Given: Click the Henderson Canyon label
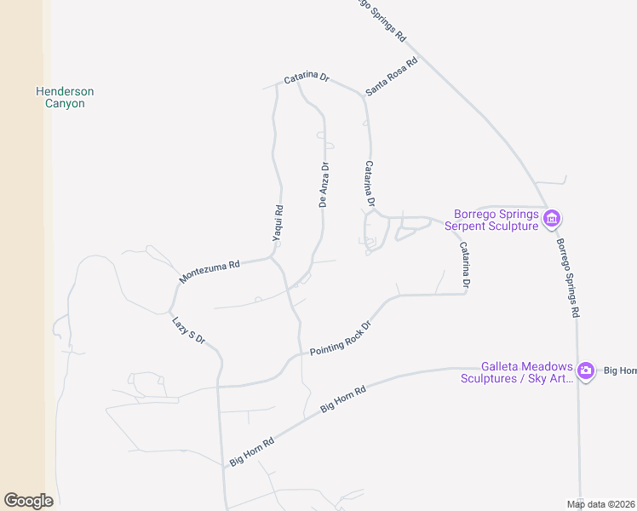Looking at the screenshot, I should pyautogui.click(x=65, y=97).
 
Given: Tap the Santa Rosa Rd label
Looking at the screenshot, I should pyautogui.click(x=392, y=76).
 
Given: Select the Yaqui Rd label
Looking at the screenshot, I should pyautogui.click(x=277, y=223).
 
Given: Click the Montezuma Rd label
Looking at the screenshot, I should pyautogui.click(x=209, y=273).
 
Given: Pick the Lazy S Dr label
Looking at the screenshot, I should pyautogui.click(x=189, y=330).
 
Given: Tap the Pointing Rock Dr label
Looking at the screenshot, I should pyautogui.click(x=341, y=338).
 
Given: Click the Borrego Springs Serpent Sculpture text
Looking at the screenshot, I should pyautogui.click(x=496, y=220).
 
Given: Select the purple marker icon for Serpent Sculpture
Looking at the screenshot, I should pyautogui.click(x=551, y=220).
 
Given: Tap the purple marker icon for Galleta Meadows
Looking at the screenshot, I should pyautogui.click(x=586, y=370).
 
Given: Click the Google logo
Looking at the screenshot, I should pyautogui.click(x=28, y=501).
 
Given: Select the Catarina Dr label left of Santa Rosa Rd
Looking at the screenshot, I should pyautogui.click(x=307, y=77).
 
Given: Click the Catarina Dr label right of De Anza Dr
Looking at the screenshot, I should pyautogui.click(x=370, y=185).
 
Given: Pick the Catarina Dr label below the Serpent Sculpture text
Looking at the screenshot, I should pyautogui.click(x=465, y=267).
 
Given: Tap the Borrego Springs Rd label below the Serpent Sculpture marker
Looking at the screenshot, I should pyautogui.click(x=568, y=278).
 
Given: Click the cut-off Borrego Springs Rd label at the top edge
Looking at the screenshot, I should pyautogui.click(x=381, y=19).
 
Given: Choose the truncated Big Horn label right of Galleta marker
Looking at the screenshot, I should pyautogui.click(x=620, y=370).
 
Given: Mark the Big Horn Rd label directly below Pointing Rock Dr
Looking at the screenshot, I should pyautogui.click(x=343, y=399).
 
